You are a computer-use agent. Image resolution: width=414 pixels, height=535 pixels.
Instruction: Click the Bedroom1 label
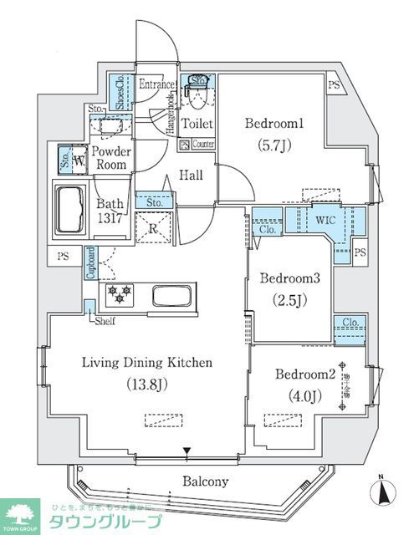[274, 124]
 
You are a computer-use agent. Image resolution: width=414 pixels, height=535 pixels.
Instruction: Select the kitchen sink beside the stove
[173, 298]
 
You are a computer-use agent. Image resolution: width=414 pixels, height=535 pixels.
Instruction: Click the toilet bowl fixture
[197, 99]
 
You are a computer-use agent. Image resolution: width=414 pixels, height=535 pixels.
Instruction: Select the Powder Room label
[110, 158]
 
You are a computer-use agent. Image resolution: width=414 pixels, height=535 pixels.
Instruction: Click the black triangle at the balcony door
[188, 454]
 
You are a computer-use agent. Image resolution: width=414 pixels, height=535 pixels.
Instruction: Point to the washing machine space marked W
[79, 159]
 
